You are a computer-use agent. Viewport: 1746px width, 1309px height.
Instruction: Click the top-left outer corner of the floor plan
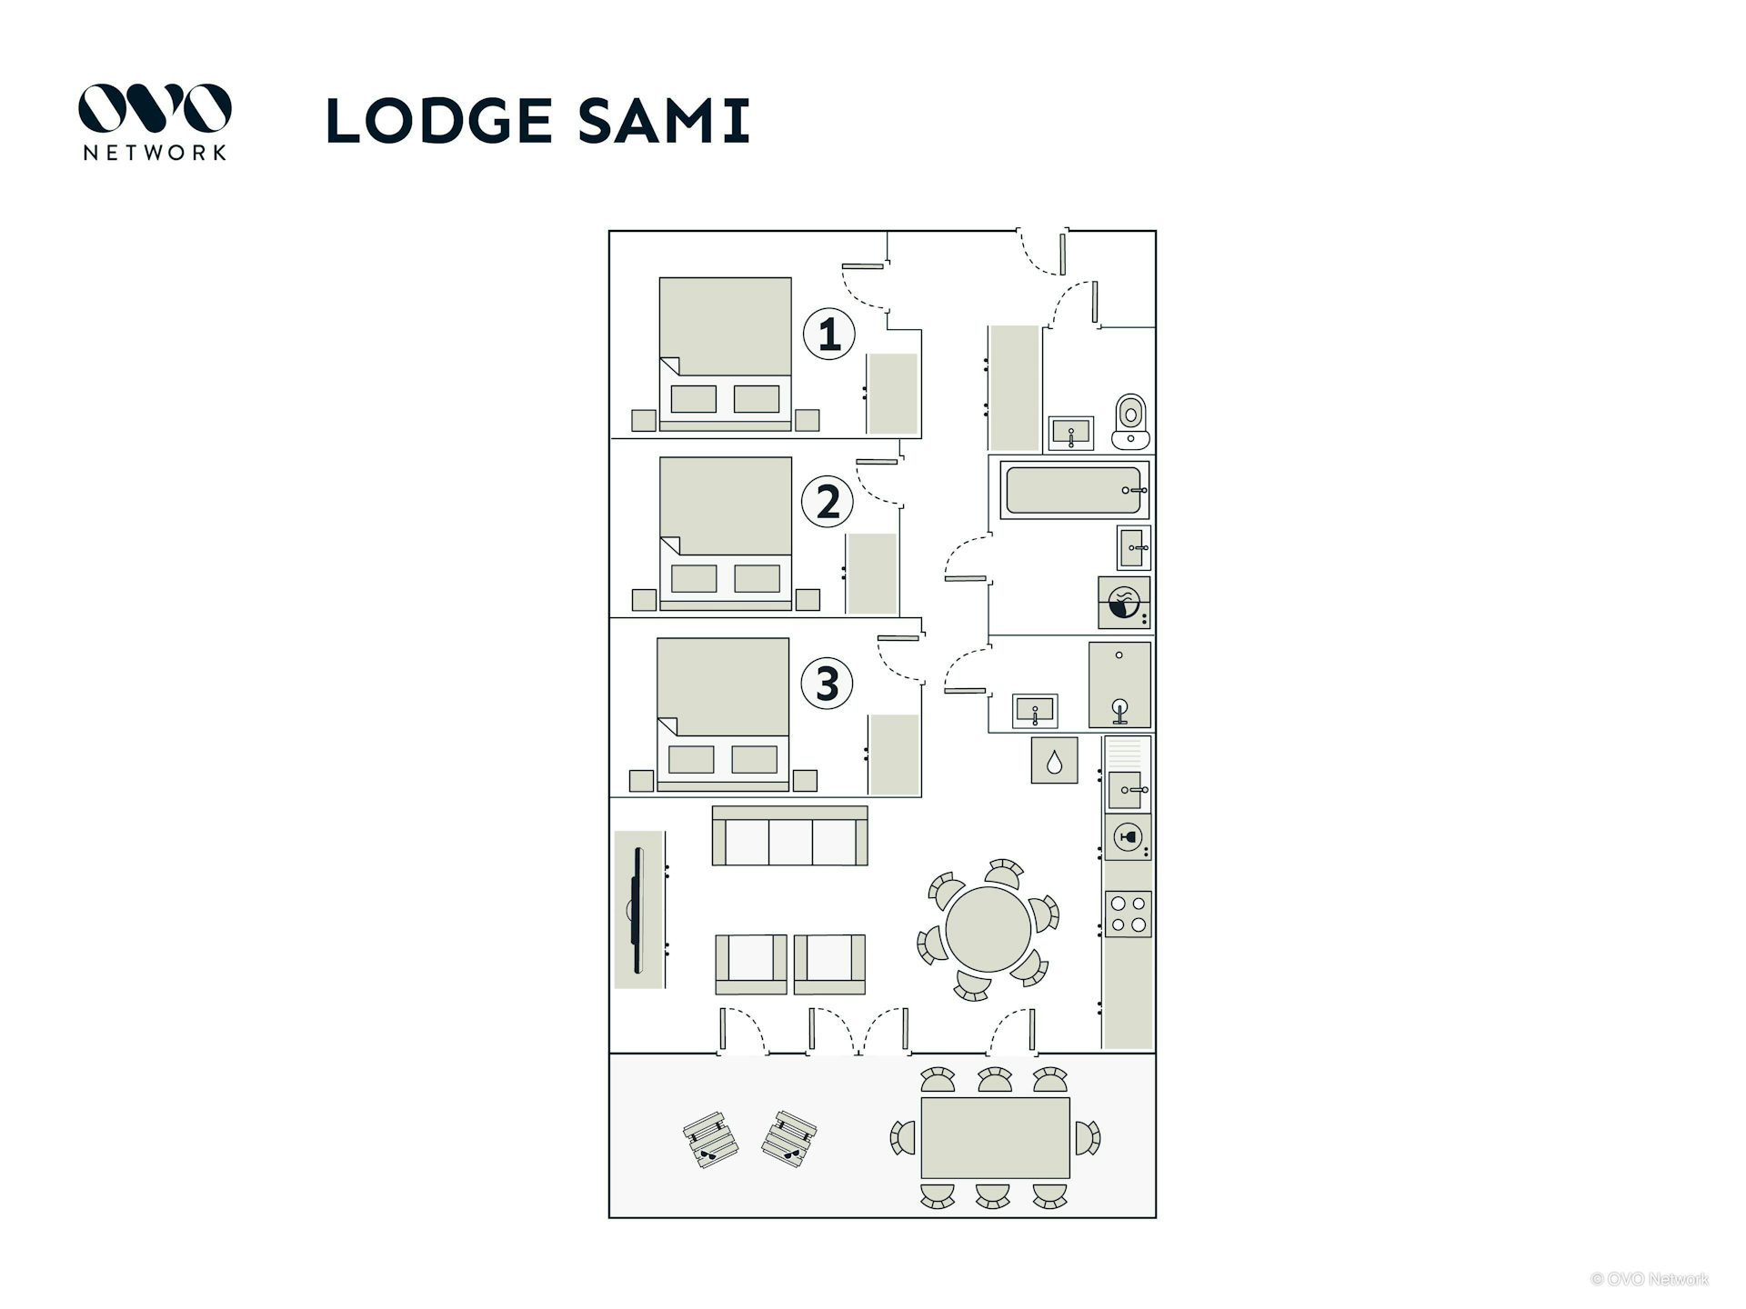point(609,231)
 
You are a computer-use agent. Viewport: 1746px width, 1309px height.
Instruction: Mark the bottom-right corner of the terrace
point(1156,1217)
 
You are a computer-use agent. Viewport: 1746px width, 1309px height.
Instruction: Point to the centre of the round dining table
point(988,929)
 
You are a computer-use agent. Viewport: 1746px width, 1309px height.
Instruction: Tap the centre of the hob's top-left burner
point(1118,904)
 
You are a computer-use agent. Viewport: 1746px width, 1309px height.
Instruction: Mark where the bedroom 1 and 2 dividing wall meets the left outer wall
point(609,438)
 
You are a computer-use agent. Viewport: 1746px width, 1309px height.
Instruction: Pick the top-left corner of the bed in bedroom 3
point(657,638)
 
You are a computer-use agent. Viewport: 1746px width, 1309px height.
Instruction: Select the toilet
point(1130,421)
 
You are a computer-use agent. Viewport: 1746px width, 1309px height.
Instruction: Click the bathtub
point(1074,490)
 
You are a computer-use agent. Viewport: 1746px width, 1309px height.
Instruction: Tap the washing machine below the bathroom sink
point(1125,603)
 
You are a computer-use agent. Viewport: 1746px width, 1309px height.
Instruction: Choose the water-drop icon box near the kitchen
point(1054,760)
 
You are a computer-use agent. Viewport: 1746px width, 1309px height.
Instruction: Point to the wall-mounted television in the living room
point(638,909)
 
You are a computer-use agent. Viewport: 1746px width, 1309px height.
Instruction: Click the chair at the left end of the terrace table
point(902,1138)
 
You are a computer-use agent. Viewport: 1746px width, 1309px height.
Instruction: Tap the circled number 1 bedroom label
point(828,334)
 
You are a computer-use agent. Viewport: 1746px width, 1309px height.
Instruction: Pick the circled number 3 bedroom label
point(827,684)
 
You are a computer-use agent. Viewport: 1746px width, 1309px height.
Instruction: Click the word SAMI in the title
point(663,121)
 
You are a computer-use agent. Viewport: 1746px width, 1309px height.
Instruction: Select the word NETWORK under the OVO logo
point(155,153)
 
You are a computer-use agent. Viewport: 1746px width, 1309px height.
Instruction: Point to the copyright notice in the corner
point(1650,1279)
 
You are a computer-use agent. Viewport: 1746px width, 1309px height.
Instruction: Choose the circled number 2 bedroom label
point(828,502)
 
